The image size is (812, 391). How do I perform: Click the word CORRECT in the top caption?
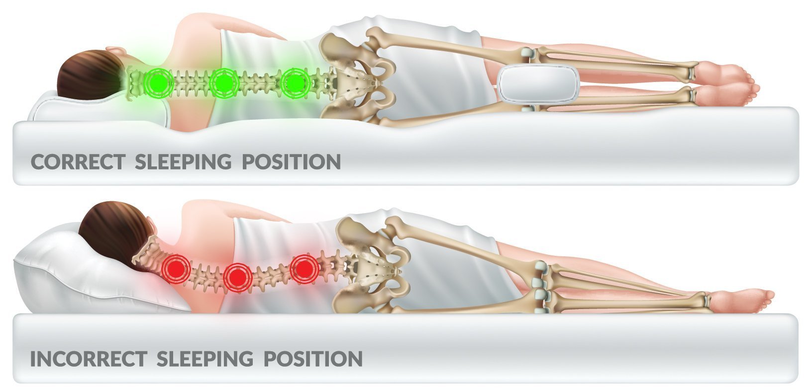click(78, 162)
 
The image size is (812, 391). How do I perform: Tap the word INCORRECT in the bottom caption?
click(89, 358)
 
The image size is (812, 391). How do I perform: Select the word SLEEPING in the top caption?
click(183, 162)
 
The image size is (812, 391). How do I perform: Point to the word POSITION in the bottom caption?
click(312, 358)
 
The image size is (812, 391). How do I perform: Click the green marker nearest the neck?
click(158, 82)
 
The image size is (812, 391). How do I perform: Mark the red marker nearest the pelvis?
click(304, 269)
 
